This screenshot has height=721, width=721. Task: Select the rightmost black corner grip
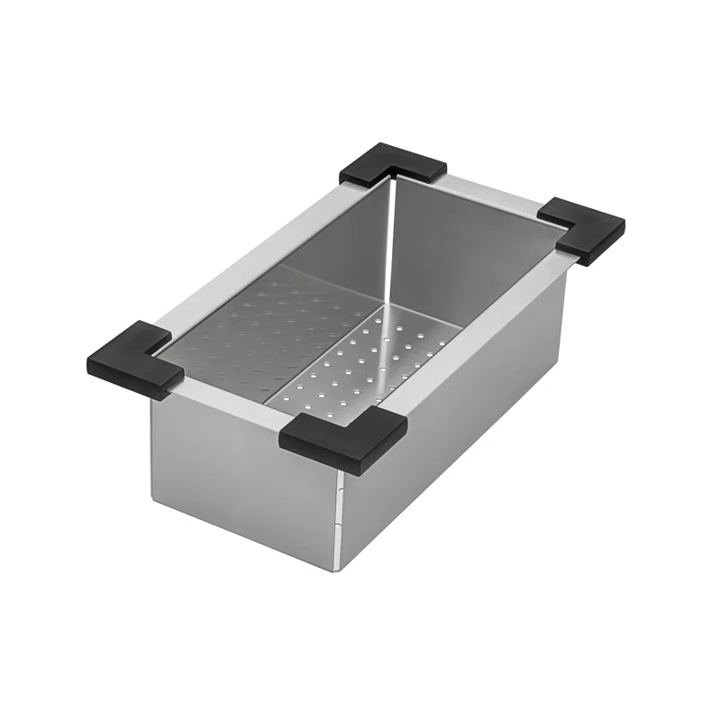584,230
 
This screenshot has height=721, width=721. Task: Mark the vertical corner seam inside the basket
389,243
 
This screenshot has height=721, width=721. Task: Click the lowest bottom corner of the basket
339,570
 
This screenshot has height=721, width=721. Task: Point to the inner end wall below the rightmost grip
469,252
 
